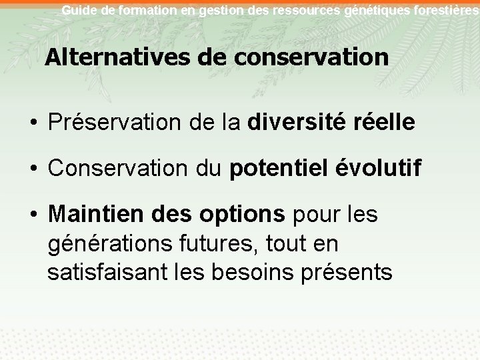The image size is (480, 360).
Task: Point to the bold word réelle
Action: coord(386,123)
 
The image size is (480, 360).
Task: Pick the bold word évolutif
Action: coord(379,169)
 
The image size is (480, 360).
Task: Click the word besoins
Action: coord(263,273)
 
